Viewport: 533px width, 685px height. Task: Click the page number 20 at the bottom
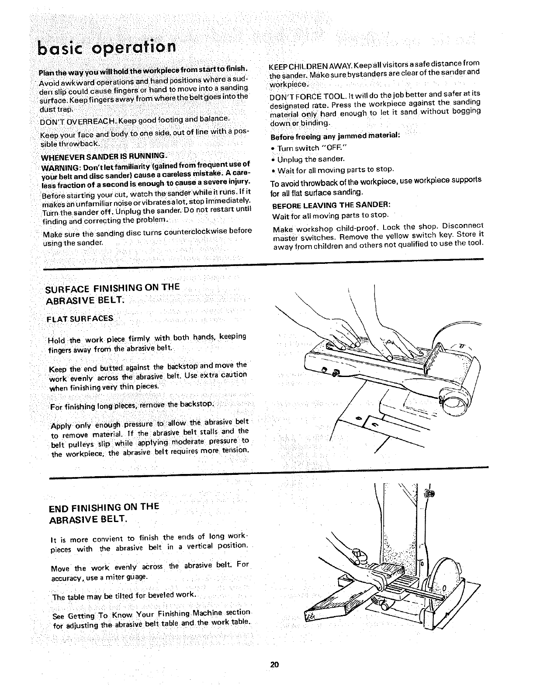click(274, 666)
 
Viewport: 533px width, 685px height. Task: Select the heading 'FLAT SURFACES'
click(80, 318)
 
